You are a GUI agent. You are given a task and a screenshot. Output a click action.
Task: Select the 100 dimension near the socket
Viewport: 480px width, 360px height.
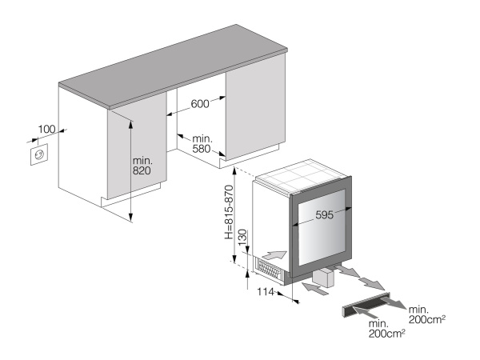pyautogui.click(x=47, y=128)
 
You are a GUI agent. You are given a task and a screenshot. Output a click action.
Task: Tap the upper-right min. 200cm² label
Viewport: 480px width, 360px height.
pyautogui.click(x=425, y=313)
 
